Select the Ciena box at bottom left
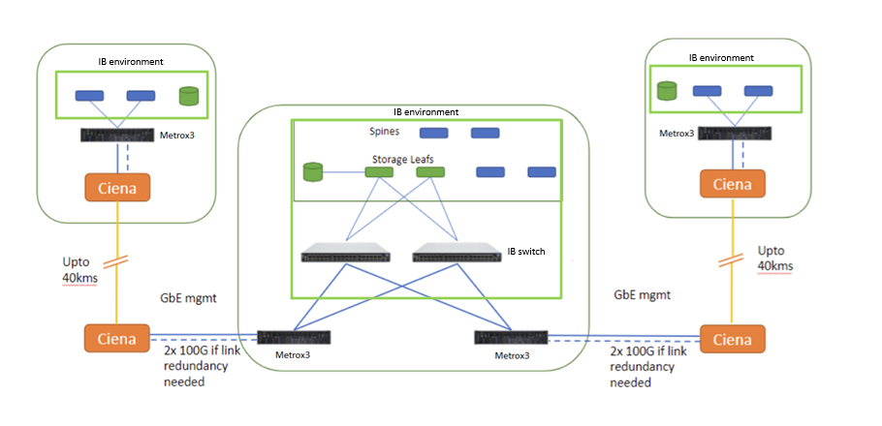click(x=116, y=339)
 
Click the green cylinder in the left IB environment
click(x=188, y=96)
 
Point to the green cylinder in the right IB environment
click(x=666, y=91)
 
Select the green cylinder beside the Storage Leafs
click(x=312, y=172)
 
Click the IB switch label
click(x=526, y=252)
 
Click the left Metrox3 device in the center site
click(x=295, y=338)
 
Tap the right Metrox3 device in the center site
click(x=511, y=337)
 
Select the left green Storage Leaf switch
click(x=377, y=172)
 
